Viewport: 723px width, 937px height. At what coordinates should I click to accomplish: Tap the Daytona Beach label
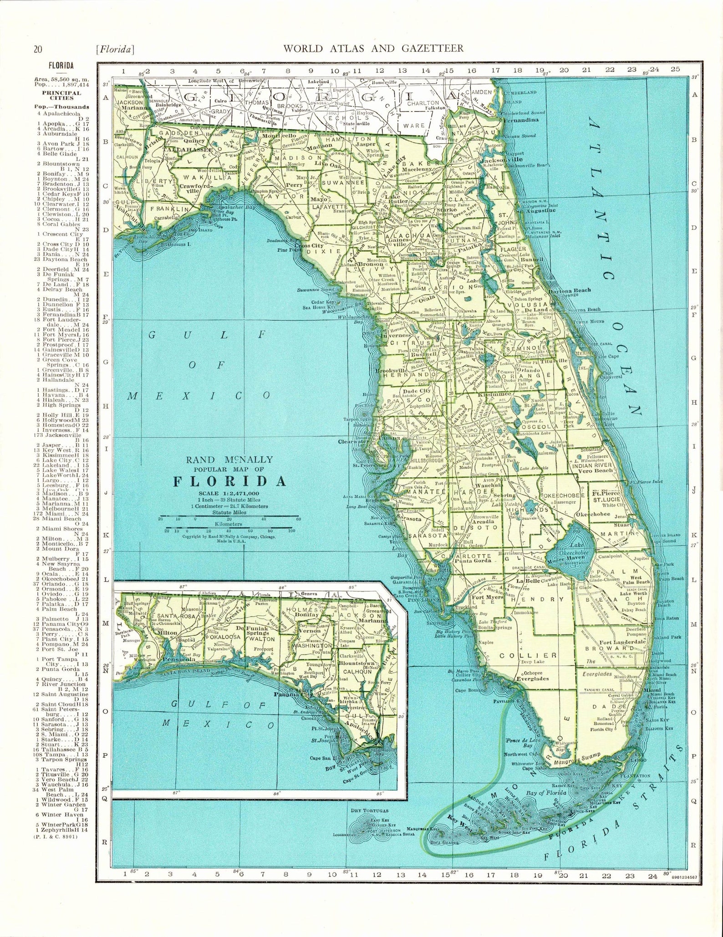point(570,290)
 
